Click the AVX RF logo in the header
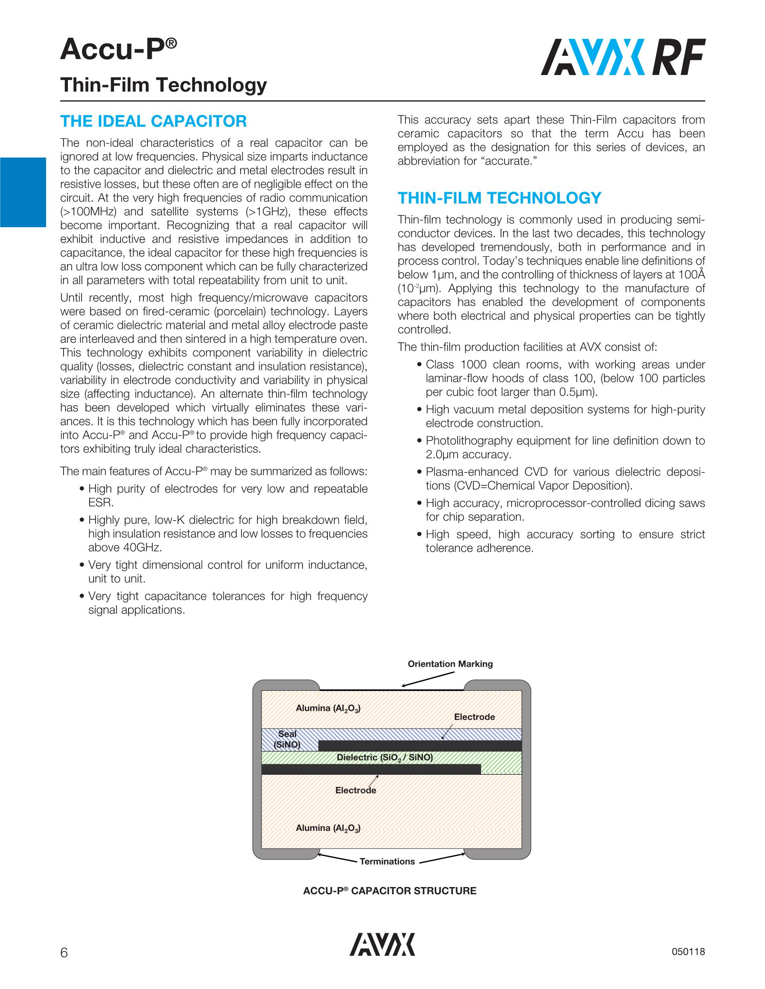(x=623, y=57)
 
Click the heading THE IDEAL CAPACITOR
(x=153, y=121)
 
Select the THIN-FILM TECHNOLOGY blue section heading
(x=499, y=198)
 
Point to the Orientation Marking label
(x=450, y=664)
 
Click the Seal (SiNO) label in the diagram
(x=287, y=739)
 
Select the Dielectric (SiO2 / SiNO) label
(x=385, y=757)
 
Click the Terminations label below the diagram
(x=387, y=861)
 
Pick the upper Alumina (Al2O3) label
(x=328, y=708)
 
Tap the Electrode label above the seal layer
(x=475, y=717)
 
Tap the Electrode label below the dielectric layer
(x=356, y=790)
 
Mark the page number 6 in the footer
(x=64, y=952)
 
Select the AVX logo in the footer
(x=382, y=944)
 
